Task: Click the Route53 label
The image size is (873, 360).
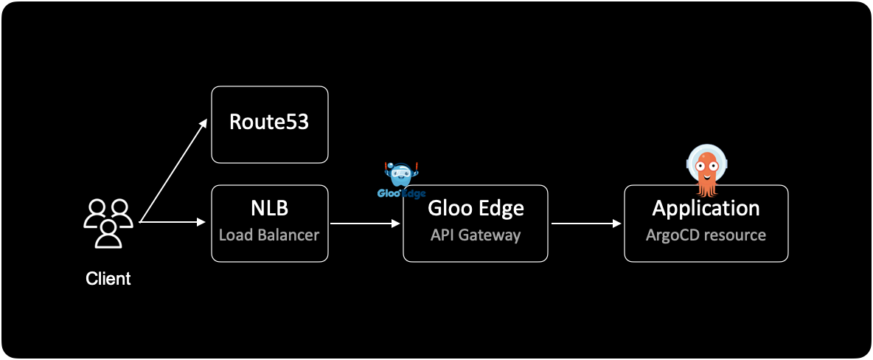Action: pyautogui.click(x=269, y=122)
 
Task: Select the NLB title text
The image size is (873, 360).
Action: pyautogui.click(x=269, y=208)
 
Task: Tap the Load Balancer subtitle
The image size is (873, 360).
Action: pyautogui.click(x=269, y=235)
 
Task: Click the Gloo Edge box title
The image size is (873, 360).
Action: pyautogui.click(x=476, y=208)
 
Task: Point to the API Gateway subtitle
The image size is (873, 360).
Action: pyautogui.click(x=476, y=235)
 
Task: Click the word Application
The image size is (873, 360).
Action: pyautogui.click(x=706, y=208)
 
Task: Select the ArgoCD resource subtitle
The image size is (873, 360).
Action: pyautogui.click(x=706, y=235)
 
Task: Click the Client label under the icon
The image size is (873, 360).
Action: pyautogui.click(x=108, y=279)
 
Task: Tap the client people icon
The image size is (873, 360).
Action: pyautogui.click(x=108, y=223)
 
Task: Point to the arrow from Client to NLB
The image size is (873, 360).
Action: pyautogui.click(x=172, y=221)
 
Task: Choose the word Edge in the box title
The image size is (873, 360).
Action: pyautogui.click(x=504, y=208)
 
